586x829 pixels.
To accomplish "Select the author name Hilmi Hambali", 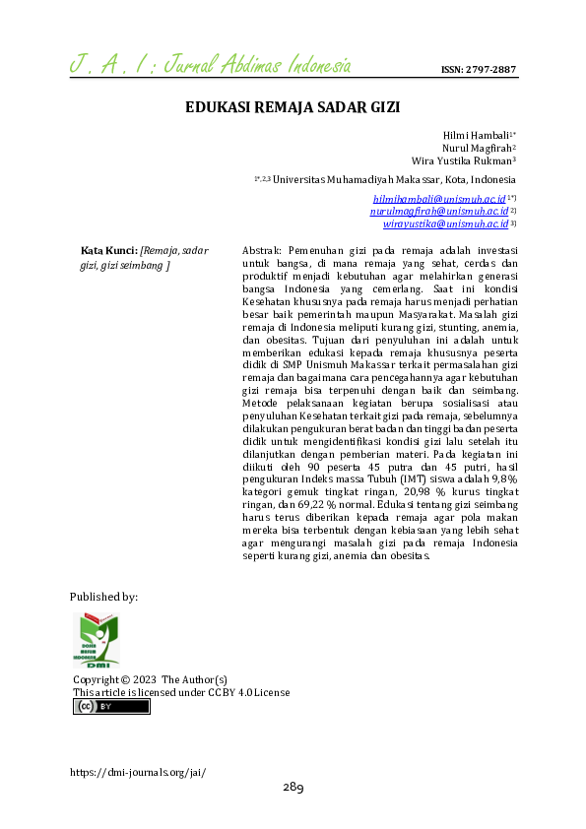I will click(482, 133).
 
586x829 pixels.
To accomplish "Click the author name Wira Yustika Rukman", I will click(463, 160).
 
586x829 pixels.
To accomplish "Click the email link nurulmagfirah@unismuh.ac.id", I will click(438, 211).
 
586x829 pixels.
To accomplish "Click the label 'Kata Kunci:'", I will click(108, 251).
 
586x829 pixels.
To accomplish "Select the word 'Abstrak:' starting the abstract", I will click(262, 251).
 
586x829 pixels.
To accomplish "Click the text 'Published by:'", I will click(103, 597).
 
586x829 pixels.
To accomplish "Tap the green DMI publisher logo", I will click(96, 640).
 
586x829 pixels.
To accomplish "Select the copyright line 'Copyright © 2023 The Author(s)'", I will click(150, 679).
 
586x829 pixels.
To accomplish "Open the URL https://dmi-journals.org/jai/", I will click(138, 772).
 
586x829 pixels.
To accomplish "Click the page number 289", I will click(293, 788).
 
